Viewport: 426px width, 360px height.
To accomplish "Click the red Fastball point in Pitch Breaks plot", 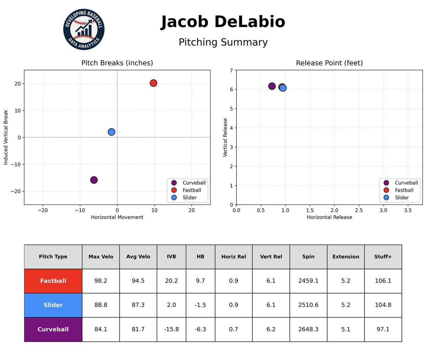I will click(153, 83).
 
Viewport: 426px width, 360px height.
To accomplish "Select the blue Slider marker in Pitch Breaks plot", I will click(111, 132).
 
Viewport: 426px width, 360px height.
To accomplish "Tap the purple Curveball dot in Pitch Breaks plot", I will click(94, 180).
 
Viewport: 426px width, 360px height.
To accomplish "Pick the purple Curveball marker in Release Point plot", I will click(272, 86).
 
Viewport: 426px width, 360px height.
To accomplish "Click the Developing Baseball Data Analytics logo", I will click(84, 29).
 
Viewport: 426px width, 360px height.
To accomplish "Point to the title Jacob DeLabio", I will click(223, 22).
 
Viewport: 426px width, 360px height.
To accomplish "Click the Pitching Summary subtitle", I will click(223, 42).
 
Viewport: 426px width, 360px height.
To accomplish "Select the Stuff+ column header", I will click(383, 257).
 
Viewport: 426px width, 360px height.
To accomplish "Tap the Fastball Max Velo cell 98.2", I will click(101, 281).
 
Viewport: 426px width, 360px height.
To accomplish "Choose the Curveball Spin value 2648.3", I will click(308, 329).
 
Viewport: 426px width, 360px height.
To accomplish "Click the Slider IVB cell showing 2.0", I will click(171, 305).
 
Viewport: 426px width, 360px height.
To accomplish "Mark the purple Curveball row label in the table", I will click(53, 329).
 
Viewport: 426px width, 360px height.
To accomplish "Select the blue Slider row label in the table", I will click(53, 305).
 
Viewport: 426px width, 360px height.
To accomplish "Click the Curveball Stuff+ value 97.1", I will click(383, 329).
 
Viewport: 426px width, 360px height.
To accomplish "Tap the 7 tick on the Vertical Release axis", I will click(231, 70).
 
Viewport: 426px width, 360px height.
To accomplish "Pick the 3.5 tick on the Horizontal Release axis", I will click(408, 210).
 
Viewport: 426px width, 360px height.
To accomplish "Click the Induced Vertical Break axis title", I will click(6, 137).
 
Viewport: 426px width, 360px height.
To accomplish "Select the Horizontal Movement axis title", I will click(117, 217).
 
